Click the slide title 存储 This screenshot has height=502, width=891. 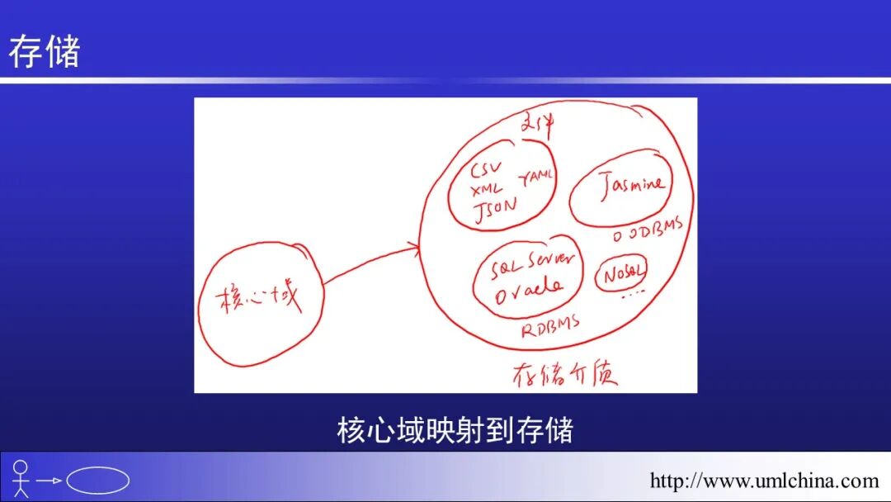[44, 51]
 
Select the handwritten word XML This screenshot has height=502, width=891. [487, 190]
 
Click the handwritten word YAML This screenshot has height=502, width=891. [537, 177]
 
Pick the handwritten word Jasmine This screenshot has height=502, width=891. [632, 185]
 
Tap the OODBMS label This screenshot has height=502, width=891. [648, 230]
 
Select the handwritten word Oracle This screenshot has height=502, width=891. [528, 289]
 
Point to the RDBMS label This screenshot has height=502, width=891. [550, 325]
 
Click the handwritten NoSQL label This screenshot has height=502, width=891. [623, 274]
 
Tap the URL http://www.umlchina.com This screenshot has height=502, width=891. [764, 481]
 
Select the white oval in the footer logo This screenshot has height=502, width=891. [98, 480]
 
